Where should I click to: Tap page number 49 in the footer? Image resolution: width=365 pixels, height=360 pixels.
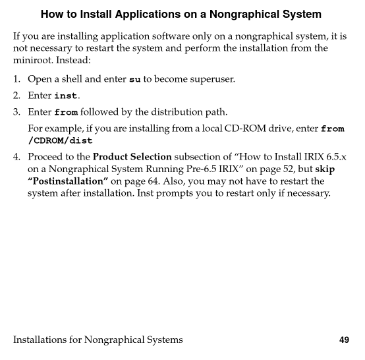(x=343, y=340)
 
